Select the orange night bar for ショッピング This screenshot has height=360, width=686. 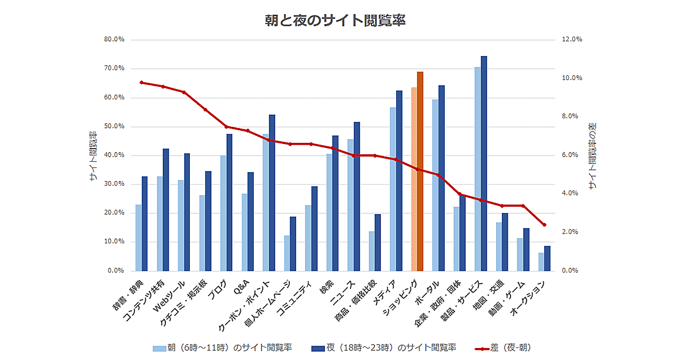point(420,171)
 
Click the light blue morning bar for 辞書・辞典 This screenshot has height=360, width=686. point(138,237)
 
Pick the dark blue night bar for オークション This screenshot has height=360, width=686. point(547,258)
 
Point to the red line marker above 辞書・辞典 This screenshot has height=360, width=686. point(141,82)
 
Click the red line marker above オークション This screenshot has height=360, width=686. point(544,225)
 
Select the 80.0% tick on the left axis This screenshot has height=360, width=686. point(114,40)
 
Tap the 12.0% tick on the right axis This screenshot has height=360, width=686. point(572,40)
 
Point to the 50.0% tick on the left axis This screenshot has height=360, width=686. point(114,126)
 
